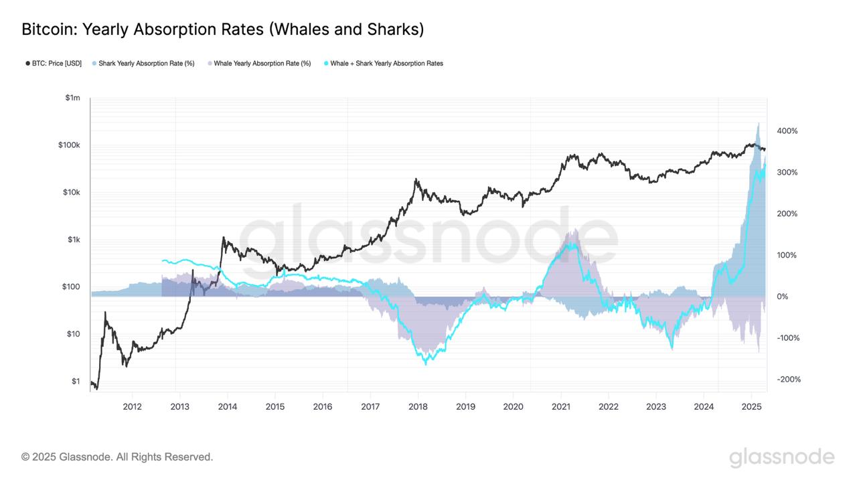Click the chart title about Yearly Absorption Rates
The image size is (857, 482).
(x=222, y=29)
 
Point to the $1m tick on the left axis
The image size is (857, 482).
(x=72, y=98)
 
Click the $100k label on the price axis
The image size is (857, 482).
(x=69, y=145)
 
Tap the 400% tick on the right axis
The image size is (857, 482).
(x=787, y=131)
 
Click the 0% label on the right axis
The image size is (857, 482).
(x=783, y=297)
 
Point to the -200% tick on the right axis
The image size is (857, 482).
(x=788, y=380)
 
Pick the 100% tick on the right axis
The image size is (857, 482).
(x=787, y=255)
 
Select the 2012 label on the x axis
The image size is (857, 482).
(x=132, y=406)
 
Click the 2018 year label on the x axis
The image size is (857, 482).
(x=418, y=406)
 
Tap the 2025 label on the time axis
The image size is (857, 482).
(x=751, y=406)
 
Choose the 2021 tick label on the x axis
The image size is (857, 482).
(x=560, y=406)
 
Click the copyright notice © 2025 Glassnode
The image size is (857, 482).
(x=117, y=457)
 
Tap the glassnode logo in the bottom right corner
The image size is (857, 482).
(x=781, y=458)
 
